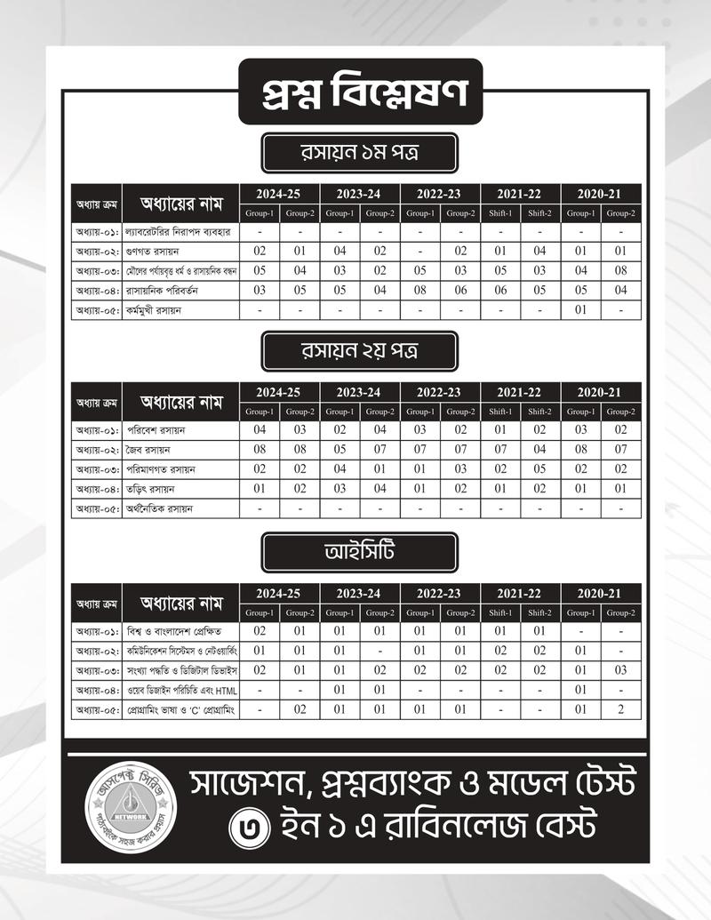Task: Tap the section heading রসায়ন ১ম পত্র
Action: coord(359,153)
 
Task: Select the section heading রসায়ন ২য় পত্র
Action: coord(359,352)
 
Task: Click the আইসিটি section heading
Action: coord(359,552)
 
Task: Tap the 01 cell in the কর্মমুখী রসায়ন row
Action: coord(580,310)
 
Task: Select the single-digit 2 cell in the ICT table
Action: coord(620,709)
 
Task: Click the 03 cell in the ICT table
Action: coord(620,669)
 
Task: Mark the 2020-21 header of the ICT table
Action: coord(601,593)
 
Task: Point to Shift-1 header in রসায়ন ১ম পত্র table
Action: coord(500,213)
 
